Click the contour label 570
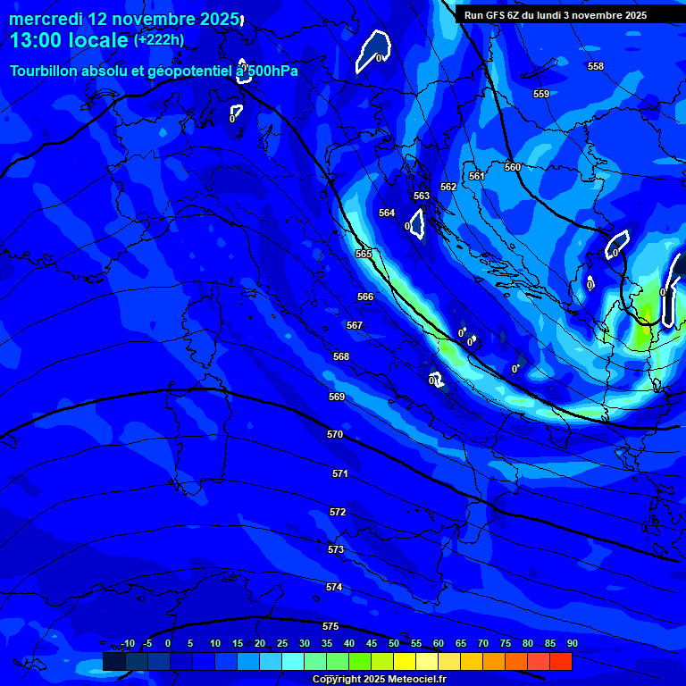[335, 434]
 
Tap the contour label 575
[330, 626]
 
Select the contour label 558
[596, 66]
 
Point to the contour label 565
[364, 254]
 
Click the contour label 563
[422, 196]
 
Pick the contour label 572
[338, 512]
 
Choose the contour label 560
[513, 167]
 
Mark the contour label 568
[341, 356]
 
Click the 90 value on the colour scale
[572, 643]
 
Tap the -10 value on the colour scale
[128, 643]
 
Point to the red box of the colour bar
[561, 661]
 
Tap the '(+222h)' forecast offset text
[159, 39]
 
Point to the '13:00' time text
[37, 40]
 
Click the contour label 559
[541, 94]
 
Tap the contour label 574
[334, 587]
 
